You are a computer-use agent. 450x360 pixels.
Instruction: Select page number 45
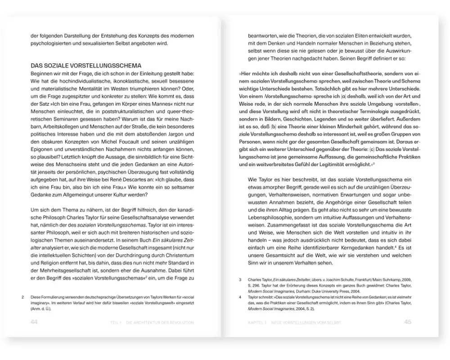(408, 322)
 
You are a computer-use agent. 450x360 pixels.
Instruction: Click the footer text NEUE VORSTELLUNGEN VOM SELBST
(306, 322)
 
